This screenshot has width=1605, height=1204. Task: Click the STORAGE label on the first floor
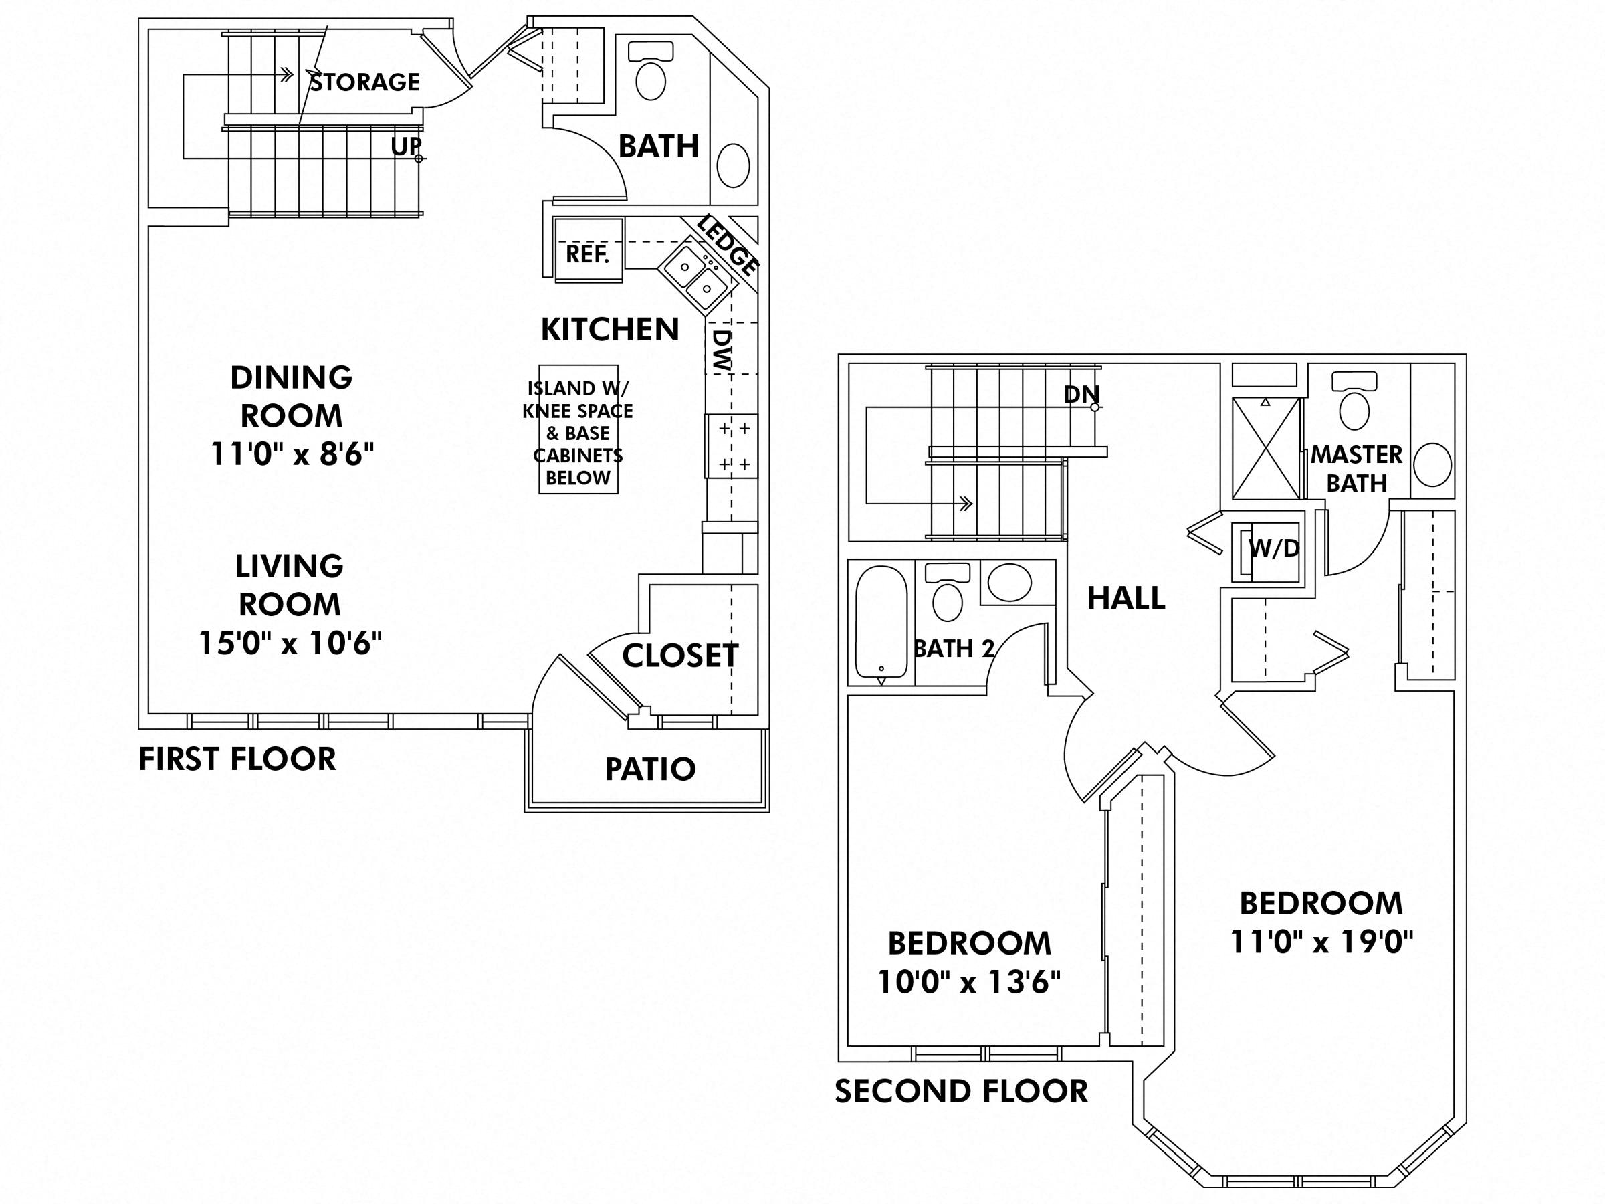365,82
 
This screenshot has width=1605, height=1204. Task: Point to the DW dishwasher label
723,350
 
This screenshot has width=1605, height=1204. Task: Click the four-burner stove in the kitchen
733,445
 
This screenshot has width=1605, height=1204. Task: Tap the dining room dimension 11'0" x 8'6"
292,454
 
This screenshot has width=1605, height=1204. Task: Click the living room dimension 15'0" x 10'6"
290,642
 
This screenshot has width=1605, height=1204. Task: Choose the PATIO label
650,769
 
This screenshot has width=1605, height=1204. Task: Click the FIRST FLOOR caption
237,760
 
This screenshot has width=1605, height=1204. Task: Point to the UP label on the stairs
405,146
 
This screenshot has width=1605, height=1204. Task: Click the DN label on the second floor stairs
1081,394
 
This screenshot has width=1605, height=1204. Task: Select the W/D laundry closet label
1273,548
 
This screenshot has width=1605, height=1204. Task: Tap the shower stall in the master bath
1265,447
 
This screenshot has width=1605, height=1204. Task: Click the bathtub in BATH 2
881,621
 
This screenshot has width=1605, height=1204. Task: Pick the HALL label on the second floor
1126,598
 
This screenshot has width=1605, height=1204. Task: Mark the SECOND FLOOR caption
961,1092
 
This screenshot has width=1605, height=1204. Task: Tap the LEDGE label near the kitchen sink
728,245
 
